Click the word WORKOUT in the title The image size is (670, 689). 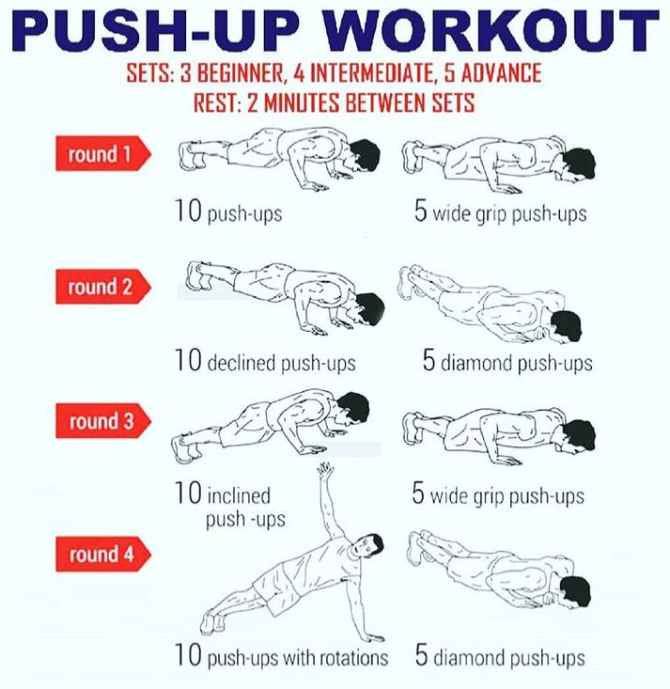tap(492, 32)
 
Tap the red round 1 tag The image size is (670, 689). tap(102, 153)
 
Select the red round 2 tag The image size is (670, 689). tap(102, 287)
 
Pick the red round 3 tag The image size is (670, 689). tap(102, 420)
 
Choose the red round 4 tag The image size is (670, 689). tap(102, 554)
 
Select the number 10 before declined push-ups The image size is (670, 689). tap(188, 360)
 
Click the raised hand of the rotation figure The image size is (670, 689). tap(325, 470)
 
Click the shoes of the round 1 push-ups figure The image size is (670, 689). tap(190, 156)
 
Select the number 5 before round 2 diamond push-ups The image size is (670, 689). tap(428, 360)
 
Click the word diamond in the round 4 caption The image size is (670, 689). tap(469, 658)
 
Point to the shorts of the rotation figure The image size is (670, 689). tap(276, 587)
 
